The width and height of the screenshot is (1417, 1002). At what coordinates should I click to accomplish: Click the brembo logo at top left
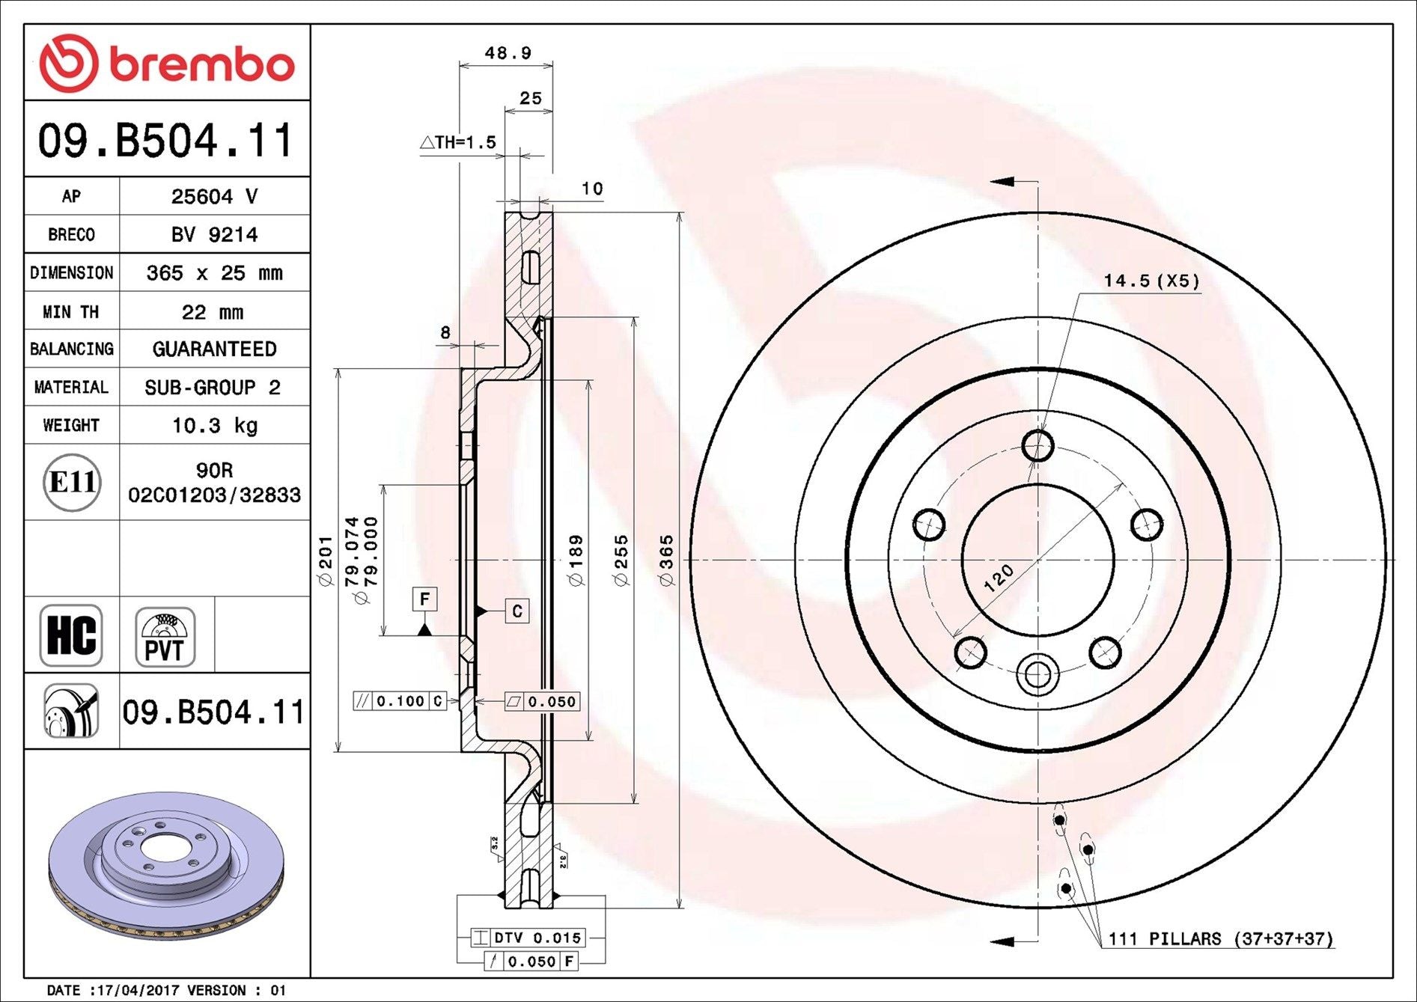click(166, 63)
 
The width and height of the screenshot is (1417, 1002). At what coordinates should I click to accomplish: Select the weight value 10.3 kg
click(215, 426)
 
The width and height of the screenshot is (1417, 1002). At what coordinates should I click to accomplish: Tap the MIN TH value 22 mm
click(213, 312)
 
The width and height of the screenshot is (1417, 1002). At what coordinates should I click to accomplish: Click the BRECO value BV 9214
click(214, 235)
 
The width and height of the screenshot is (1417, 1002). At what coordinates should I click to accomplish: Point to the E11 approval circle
click(72, 483)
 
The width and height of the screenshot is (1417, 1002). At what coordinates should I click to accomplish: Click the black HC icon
click(72, 635)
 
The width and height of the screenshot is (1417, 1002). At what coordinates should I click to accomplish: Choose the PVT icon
click(165, 637)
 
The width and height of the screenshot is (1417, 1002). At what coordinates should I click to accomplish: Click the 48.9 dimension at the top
click(508, 53)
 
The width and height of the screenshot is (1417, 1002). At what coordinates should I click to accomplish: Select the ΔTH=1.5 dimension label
click(457, 142)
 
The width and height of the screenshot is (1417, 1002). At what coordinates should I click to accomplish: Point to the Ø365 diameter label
click(666, 560)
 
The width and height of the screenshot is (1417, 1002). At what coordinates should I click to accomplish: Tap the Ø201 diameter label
click(325, 560)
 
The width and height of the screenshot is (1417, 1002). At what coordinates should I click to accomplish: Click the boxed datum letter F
click(424, 599)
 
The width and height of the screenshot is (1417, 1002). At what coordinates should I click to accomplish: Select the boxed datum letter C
click(516, 611)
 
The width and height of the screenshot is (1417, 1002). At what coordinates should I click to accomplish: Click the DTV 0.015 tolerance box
click(528, 938)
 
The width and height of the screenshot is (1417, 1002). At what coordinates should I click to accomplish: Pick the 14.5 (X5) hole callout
click(1151, 281)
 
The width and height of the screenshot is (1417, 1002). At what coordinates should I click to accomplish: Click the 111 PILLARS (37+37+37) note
click(1221, 938)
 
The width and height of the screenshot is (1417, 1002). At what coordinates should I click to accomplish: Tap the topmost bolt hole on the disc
click(1037, 446)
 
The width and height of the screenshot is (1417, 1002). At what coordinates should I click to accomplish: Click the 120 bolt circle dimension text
click(999, 578)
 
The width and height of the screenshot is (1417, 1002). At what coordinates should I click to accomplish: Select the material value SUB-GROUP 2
click(213, 388)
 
